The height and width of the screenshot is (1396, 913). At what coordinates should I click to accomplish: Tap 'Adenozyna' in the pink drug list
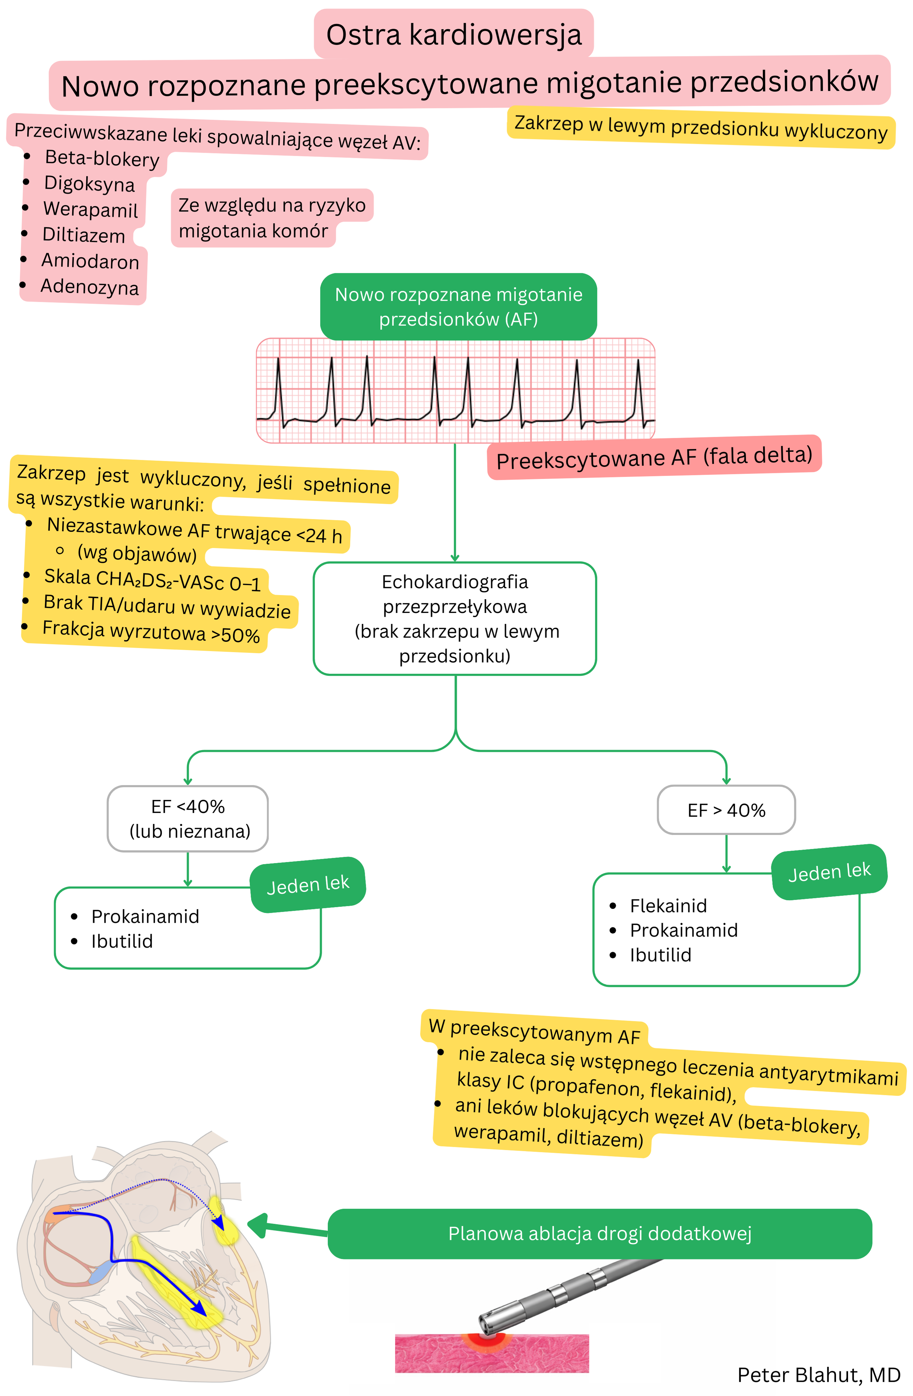pos(89,287)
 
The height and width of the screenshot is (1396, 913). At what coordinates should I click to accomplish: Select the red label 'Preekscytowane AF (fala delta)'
pos(654,458)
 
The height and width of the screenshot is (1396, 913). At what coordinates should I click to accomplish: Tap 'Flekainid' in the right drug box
pos(668,906)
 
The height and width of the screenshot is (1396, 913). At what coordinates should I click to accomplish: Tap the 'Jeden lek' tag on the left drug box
pos(308,884)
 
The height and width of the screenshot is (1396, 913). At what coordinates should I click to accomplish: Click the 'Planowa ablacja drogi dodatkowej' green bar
pos(599,1233)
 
